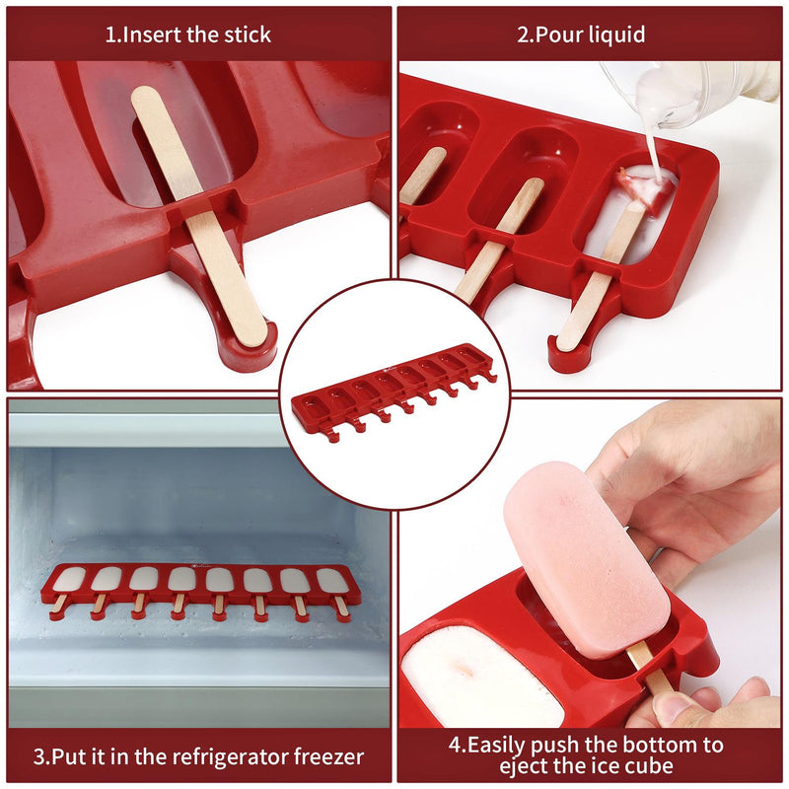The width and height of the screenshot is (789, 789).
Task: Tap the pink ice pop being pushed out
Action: [x=587, y=557]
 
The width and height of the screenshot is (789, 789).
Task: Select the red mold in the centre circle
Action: [x=394, y=390]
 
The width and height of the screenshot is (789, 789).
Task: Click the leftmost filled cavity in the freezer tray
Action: [x=69, y=580]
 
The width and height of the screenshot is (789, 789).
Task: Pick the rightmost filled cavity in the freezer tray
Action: [x=332, y=581]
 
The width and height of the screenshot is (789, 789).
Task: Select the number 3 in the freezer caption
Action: [x=39, y=757]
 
